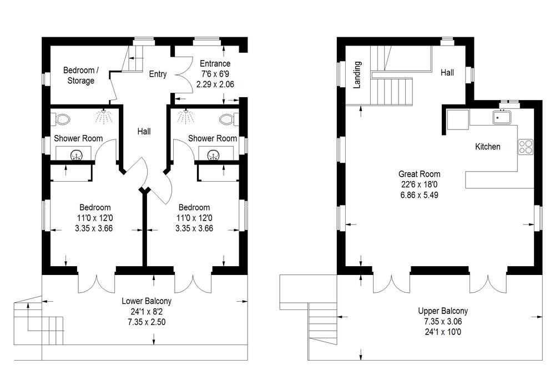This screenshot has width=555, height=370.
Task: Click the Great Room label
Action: pyautogui.click(x=420, y=174)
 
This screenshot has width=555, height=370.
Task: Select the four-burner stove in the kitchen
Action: pyautogui.click(x=526, y=147)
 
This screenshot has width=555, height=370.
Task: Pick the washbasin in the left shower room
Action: pyautogui.click(x=76, y=154)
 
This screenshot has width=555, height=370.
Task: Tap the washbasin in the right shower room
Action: pyautogui.click(x=213, y=154)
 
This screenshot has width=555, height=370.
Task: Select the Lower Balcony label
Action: pyautogui.click(x=147, y=301)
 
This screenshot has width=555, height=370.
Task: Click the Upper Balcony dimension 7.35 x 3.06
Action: pyautogui.click(x=443, y=322)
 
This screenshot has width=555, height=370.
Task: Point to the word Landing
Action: pyautogui.click(x=357, y=75)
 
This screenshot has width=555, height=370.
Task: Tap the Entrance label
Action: pyautogui.click(x=215, y=64)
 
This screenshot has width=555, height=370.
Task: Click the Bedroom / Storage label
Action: pyautogui.click(x=81, y=76)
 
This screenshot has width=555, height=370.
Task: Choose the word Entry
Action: pyautogui.click(x=158, y=74)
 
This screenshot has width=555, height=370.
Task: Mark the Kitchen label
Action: pyautogui.click(x=488, y=147)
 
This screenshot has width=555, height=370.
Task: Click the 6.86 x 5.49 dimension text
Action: pyautogui.click(x=420, y=195)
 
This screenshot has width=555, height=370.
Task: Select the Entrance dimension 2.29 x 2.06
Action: pyautogui.click(x=215, y=84)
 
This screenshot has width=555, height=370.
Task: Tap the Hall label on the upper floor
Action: pyautogui.click(x=447, y=73)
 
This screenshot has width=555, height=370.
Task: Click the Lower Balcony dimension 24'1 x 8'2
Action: pyautogui.click(x=147, y=312)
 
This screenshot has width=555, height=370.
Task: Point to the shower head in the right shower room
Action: pyautogui.click(x=185, y=116)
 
